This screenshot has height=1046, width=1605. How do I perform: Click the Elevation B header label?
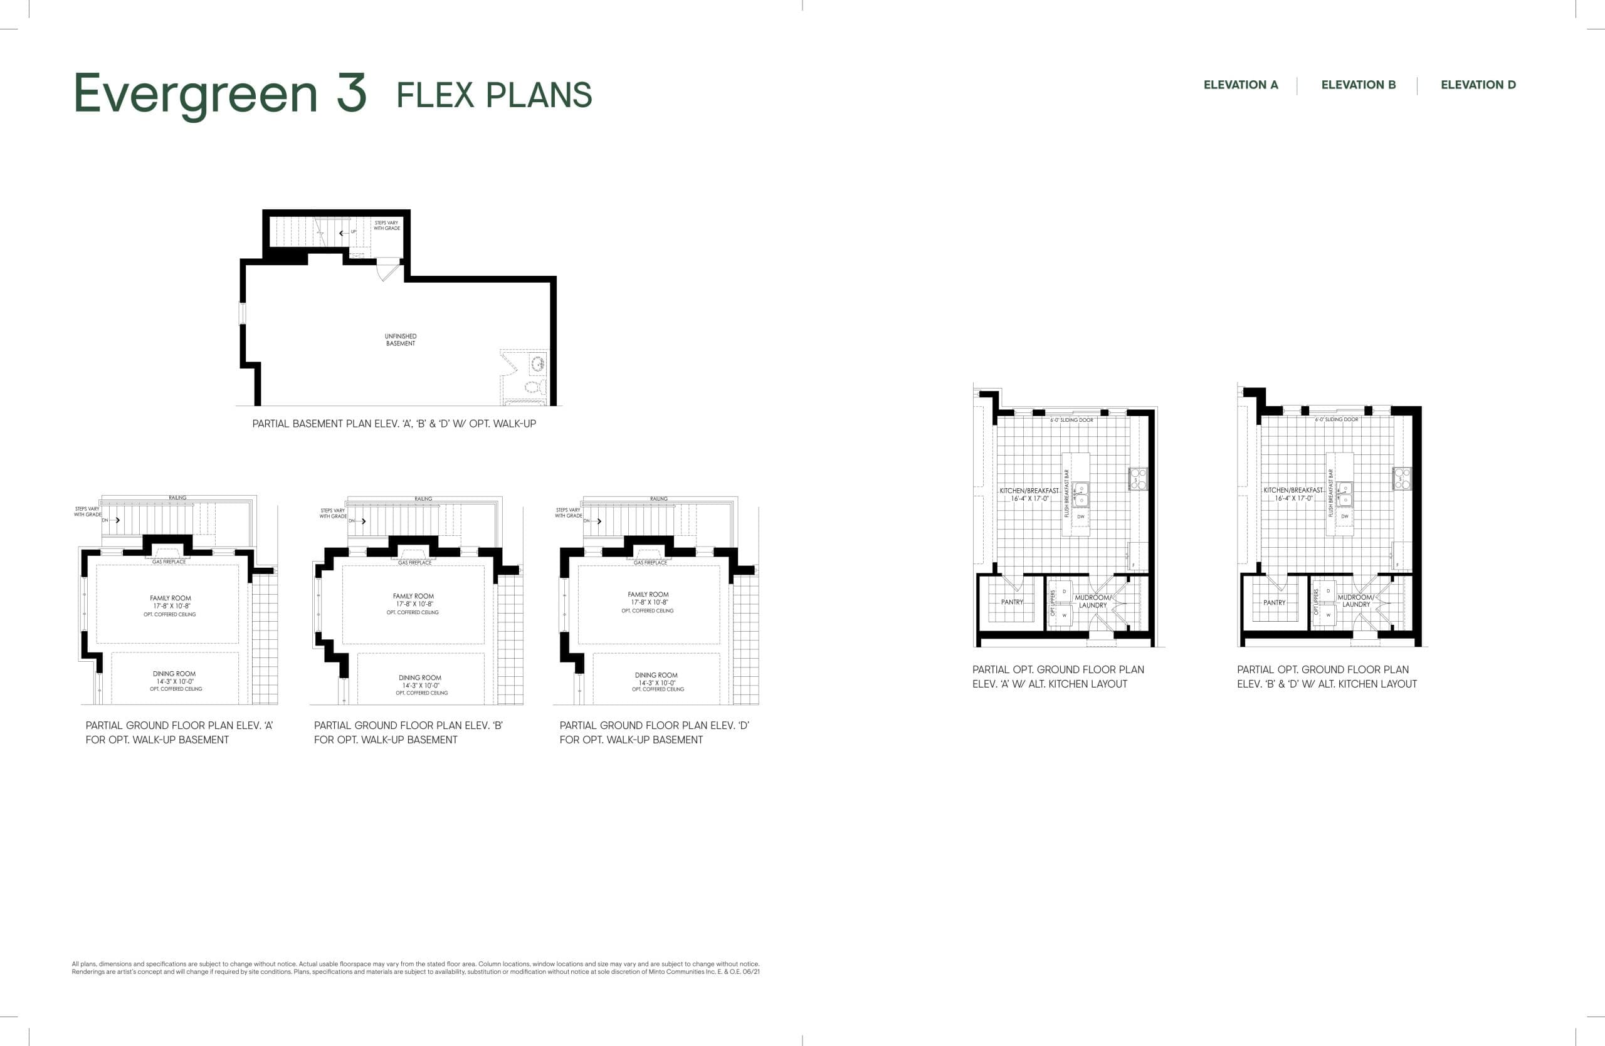click(1358, 85)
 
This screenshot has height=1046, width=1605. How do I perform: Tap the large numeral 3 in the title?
click(351, 93)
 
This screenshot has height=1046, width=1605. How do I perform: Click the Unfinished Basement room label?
click(401, 340)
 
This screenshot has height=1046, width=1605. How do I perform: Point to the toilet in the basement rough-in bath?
click(533, 387)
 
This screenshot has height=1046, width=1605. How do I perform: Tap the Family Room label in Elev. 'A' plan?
click(170, 599)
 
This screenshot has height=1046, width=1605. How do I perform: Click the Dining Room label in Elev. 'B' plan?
click(419, 678)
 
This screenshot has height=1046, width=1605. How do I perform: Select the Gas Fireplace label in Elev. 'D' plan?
click(650, 562)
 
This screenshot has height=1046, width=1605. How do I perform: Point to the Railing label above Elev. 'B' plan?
click(423, 499)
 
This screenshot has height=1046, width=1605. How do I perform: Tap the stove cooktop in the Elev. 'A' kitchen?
click(1139, 479)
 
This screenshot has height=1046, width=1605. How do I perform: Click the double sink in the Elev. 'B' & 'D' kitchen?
click(1344, 494)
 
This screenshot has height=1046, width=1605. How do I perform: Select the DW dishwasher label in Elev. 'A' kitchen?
click(1081, 517)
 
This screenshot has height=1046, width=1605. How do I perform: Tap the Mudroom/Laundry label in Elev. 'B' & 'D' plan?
click(1355, 600)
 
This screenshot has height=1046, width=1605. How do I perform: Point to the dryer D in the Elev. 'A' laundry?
click(1064, 592)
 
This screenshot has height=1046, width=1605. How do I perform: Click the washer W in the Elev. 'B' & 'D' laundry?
click(1329, 615)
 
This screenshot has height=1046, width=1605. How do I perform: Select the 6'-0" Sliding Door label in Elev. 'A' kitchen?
click(1071, 420)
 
